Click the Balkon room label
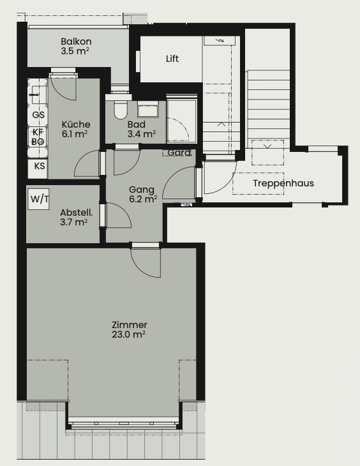point(76,41)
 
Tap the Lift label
point(172,59)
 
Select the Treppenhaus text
point(283,183)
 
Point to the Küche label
point(76,124)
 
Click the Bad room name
point(136,124)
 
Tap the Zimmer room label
point(130,325)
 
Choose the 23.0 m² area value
point(129,334)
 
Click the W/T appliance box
point(39,199)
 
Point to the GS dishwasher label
point(38,115)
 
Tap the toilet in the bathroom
point(121,110)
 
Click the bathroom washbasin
point(147,109)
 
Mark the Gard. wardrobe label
point(179,153)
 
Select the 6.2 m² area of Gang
point(143,199)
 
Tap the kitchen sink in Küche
point(38,94)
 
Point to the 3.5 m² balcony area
point(75,51)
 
